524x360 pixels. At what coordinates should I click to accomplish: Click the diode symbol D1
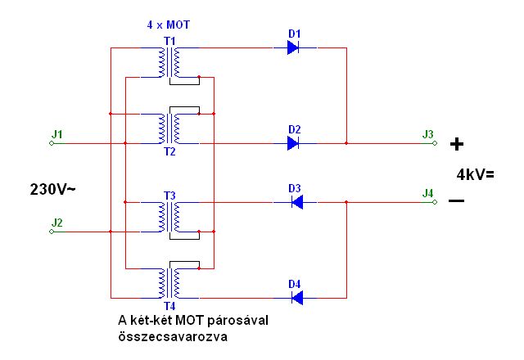pyautogui.click(x=293, y=48)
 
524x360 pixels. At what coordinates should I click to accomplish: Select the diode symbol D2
pyautogui.click(x=293, y=143)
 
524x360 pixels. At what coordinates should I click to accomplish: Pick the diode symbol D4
pyautogui.click(x=297, y=297)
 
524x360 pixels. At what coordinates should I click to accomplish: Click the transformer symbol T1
pyautogui.click(x=171, y=61)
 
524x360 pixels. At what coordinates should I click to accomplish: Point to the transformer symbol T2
pyautogui.click(x=171, y=127)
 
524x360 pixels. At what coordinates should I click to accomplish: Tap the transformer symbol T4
pyautogui.click(x=171, y=283)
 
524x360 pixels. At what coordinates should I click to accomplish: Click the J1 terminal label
pyautogui.click(x=56, y=133)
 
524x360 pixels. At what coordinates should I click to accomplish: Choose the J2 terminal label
pyautogui.click(x=56, y=222)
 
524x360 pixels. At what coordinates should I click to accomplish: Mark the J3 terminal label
pyautogui.click(x=427, y=133)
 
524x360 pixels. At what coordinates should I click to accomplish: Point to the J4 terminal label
pyautogui.click(x=427, y=193)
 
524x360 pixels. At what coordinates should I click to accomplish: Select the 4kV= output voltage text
pyautogui.click(x=476, y=173)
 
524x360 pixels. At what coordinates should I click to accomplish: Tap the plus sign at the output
pyautogui.click(x=457, y=145)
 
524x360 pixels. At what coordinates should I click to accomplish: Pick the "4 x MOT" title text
pyautogui.click(x=166, y=25)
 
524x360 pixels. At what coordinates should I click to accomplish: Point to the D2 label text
pyautogui.click(x=295, y=129)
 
